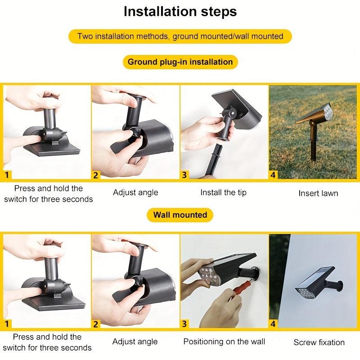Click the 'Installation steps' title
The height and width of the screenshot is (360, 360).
(x=180, y=12)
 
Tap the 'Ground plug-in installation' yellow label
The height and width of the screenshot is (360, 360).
(x=180, y=62)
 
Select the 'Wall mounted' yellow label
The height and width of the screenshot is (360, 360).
(x=180, y=215)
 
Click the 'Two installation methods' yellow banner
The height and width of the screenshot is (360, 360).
(x=180, y=36)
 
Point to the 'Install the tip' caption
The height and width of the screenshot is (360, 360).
(x=223, y=193)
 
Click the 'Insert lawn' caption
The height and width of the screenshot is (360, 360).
(x=318, y=193)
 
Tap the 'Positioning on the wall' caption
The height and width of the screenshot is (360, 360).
(x=224, y=342)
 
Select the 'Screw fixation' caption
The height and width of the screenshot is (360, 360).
(x=319, y=342)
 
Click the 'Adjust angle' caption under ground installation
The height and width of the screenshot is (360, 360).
(x=135, y=193)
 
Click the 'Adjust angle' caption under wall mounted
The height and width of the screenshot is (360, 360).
(x=135, y=342)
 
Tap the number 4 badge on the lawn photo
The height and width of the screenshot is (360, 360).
(x=273, y=175)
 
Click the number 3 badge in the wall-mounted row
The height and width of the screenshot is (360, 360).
(x=184, y=324)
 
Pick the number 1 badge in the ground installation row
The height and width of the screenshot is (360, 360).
(x=7, y=175)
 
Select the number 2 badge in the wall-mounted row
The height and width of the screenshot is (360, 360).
(x=96, y=324)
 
